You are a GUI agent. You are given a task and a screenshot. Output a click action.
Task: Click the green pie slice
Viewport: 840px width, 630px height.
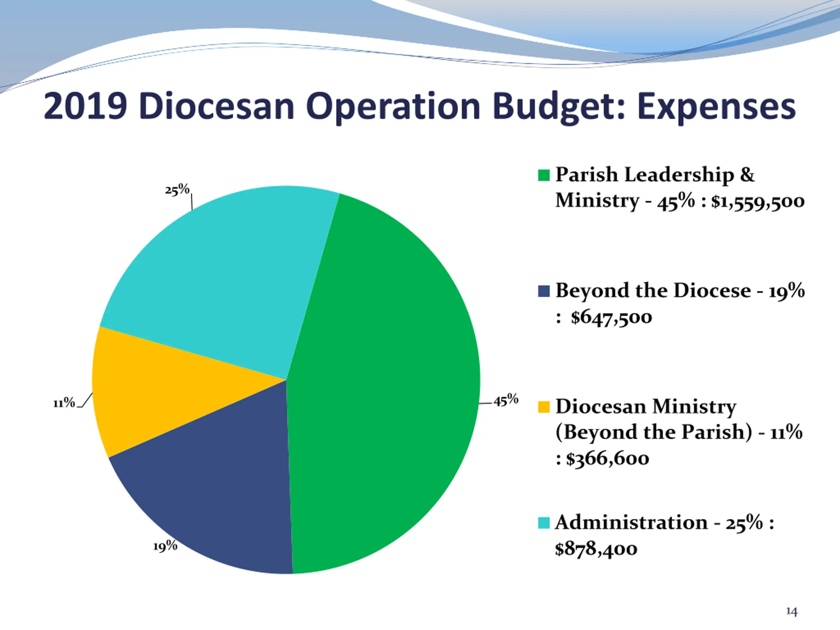point(384,384)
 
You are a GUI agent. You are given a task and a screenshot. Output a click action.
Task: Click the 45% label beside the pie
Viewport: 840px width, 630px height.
point(506,400)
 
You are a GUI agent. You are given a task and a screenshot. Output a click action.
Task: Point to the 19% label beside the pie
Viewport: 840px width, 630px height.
point(165,546)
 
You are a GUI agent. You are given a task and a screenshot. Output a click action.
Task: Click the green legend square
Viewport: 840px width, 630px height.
point(544,176)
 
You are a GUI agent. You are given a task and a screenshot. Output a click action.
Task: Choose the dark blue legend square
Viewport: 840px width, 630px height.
point(544,291)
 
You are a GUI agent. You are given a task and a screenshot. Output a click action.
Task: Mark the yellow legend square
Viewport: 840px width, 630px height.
point(544,407)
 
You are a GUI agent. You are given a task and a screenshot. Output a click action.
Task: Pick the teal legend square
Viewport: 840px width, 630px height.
point(544,523)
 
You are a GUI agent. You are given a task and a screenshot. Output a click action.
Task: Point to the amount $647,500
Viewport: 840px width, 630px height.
point(611,317)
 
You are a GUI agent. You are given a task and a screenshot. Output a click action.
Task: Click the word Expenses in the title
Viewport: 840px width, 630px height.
point(716,106)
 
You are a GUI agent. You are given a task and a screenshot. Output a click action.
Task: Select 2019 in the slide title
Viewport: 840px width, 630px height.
point(85,106)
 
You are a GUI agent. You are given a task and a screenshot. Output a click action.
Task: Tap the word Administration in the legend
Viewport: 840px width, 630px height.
point(631,523)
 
